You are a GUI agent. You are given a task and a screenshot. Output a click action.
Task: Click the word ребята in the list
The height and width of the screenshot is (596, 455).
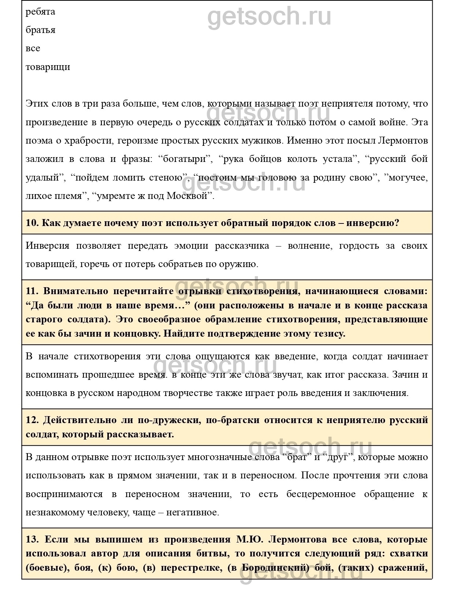[x=40, y=12]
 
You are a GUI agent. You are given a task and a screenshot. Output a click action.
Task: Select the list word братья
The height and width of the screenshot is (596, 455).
[x=40, y=30]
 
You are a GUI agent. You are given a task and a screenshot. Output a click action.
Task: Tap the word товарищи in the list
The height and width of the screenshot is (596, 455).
[x=48, y=67]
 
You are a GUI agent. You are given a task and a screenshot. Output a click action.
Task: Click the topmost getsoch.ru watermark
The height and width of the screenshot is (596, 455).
[x=269, y=16]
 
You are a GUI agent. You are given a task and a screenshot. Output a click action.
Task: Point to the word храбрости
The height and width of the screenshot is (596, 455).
[x=81, y=141]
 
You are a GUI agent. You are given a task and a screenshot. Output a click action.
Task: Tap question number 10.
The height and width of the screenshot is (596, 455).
[x=32, y=223]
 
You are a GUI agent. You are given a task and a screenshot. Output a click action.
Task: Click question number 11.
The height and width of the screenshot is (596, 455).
[x=32, y=291]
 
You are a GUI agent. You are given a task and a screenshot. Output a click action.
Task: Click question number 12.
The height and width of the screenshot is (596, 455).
[x=32, y=420]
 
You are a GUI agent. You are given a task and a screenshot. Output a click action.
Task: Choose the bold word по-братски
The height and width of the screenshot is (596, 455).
[x=233, y=420]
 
